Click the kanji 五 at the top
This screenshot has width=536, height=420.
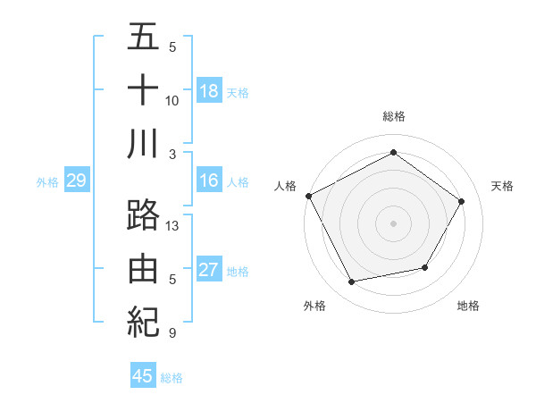[143, 38]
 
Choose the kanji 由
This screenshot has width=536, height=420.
[143, 269]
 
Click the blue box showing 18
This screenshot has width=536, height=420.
[209, 90]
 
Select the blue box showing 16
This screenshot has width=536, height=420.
[209, 181]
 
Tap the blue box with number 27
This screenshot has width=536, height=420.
[209, 270]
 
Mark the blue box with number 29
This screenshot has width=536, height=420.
[76, 181]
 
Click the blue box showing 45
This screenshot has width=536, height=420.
[143, 376]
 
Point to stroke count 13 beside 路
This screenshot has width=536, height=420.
[173, 226]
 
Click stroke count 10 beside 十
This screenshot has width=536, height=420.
[173, 100]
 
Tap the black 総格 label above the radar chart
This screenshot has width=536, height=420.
[393, 116]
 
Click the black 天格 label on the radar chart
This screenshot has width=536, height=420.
[503, 186]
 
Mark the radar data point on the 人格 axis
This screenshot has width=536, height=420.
[309, 196]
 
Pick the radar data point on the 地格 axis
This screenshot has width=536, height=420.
[425, 267]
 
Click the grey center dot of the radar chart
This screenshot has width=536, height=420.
[393, 223]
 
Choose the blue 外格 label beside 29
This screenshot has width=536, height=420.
[47, 182]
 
